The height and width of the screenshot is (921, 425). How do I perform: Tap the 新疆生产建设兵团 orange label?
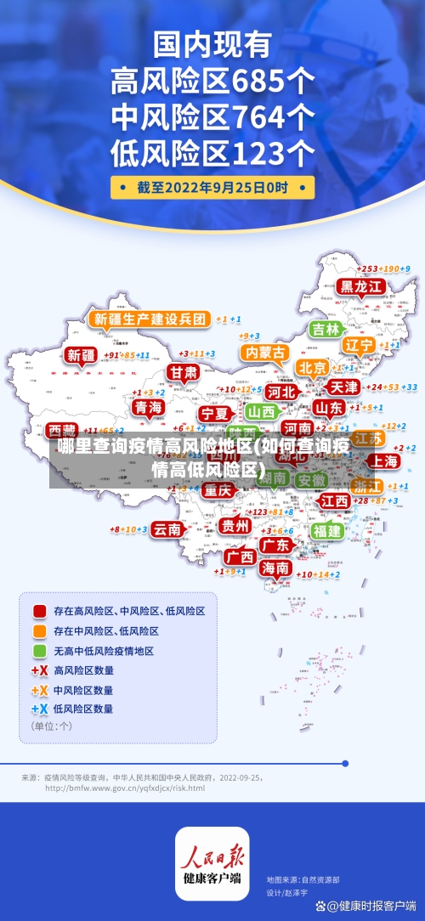tap(150, 319)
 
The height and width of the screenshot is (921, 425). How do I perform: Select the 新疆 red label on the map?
tap(82, 354)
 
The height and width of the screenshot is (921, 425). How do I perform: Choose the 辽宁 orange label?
tap(359, 346)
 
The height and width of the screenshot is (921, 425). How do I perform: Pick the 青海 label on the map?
tap(149, 408)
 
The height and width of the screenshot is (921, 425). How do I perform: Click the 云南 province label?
tap(167, 528)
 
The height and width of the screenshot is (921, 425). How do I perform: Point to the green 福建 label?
tap(326, 530)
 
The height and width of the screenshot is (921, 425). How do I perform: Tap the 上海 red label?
tap(384, 460)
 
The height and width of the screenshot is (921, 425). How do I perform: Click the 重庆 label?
tap(218, 490)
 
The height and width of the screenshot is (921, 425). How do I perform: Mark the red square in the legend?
tap(39, 610)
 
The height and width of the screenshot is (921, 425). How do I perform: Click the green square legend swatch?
tap(39, 651)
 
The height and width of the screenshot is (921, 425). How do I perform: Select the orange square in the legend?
tap(39, 630)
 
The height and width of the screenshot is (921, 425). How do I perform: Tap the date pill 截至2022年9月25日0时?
tap(212, 187)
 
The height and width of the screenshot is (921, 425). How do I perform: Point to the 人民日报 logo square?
tap(212, 863)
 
